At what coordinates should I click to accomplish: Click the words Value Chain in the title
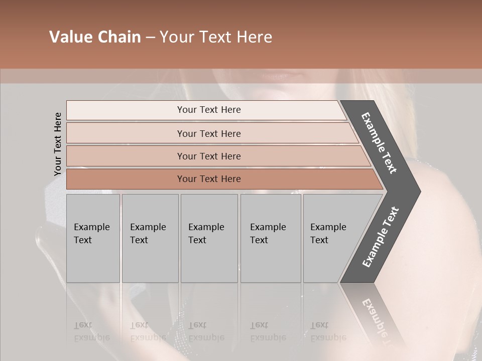(x=95, y=37)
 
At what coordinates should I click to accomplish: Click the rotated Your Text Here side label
(x=58, y=144)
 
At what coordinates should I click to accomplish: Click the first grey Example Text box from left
(x=93, y=238)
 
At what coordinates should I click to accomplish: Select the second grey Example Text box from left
(x=150, y=238)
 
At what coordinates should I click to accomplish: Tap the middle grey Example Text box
(x=209, y=238)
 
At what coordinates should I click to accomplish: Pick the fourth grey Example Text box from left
(x=271, y=238)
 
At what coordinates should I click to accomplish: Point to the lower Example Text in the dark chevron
(x=381, y=237)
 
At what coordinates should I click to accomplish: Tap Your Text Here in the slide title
(x=216, y=37)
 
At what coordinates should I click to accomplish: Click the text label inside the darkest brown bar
(x=209, y=179)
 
